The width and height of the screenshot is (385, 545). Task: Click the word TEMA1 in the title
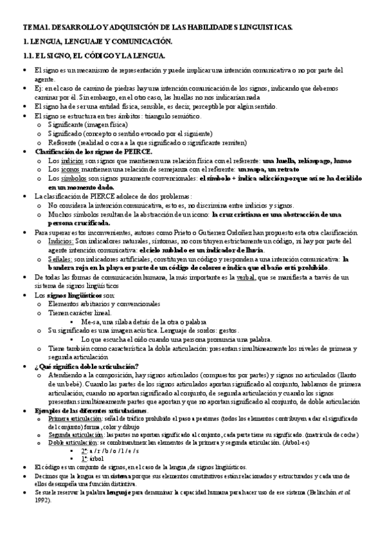(x=33, y=28)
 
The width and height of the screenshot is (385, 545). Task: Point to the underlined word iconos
(x=61, y=168)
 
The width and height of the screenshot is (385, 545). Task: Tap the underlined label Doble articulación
(x=67, y=443)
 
